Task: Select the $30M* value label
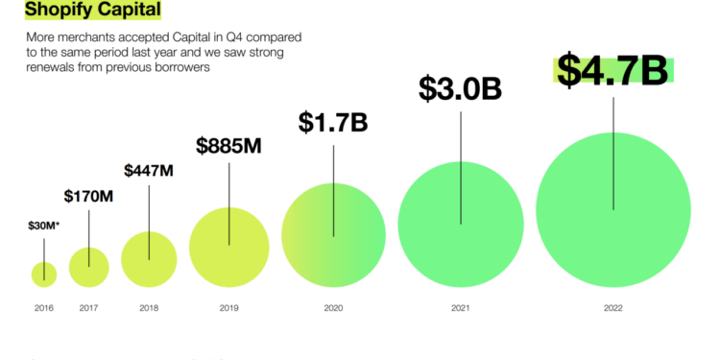tap(43, 228)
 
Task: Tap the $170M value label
tap(88, 196)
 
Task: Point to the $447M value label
tap(149, 171)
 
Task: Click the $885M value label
tap(228, 146)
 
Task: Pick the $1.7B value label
tap(333, 122)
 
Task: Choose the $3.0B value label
tap(461, 87)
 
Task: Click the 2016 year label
tap(43, 308)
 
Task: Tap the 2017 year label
tap(88, 308)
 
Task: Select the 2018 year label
tap(149, 308)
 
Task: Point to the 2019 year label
tap(228, 308)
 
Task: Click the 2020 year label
tap(333, 308)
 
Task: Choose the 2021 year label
tap(461, 308)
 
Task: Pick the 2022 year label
tap(613, 308)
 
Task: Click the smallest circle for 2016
tap(43, 274)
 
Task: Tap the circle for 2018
tap(149, 259)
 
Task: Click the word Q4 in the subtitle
tap(225, 36)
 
